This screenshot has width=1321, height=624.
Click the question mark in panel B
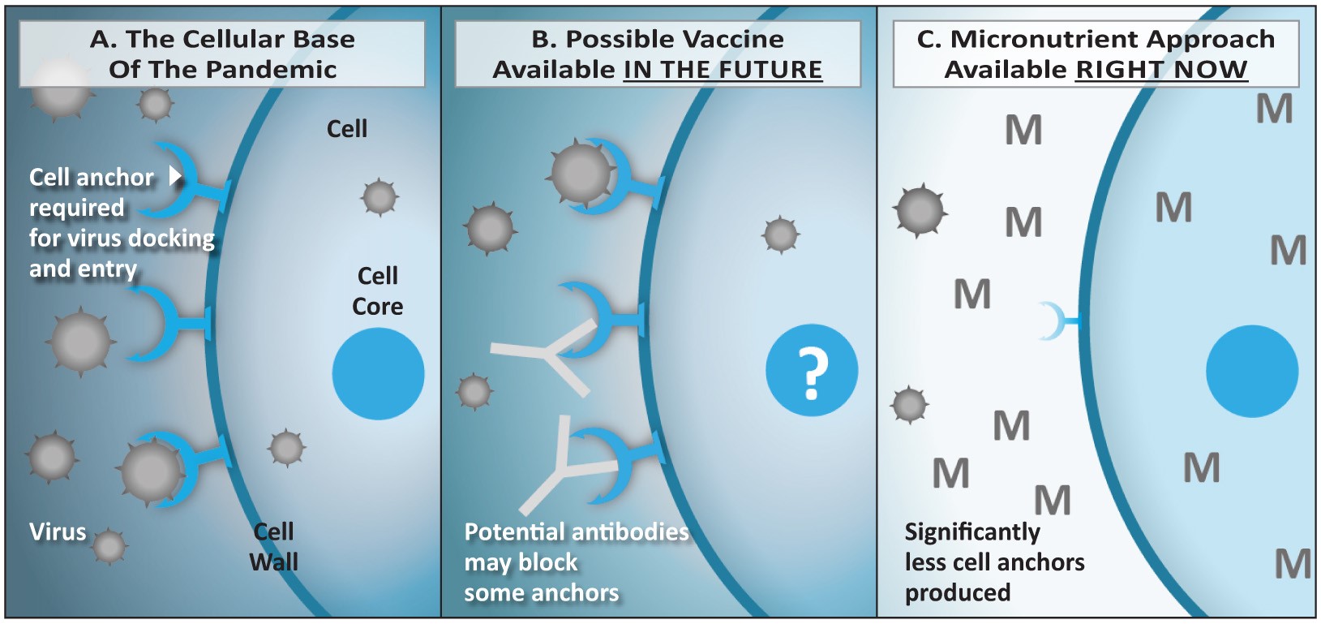tap(812, 372)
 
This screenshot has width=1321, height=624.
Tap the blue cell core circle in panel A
tap(378, 373)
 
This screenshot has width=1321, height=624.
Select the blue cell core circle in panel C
tap(1251, 372)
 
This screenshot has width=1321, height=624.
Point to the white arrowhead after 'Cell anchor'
tap(174, 176)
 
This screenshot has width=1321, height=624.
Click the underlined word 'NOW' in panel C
tap(1211, 70)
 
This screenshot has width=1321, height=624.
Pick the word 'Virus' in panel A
tap(58, 532)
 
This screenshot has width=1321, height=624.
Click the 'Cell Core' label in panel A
tap(378, 291)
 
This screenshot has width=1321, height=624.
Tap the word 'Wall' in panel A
tap(273, 562)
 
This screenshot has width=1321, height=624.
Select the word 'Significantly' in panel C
tap(972, 532)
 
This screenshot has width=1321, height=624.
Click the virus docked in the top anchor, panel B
tap(580, 173)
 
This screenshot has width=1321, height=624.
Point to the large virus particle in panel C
tap(920, 210)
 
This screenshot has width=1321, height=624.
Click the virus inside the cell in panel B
tap(780, 235)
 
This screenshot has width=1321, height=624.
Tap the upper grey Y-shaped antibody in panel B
tap(551, 355)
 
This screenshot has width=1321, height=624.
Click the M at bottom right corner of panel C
tap(1293, 564)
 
